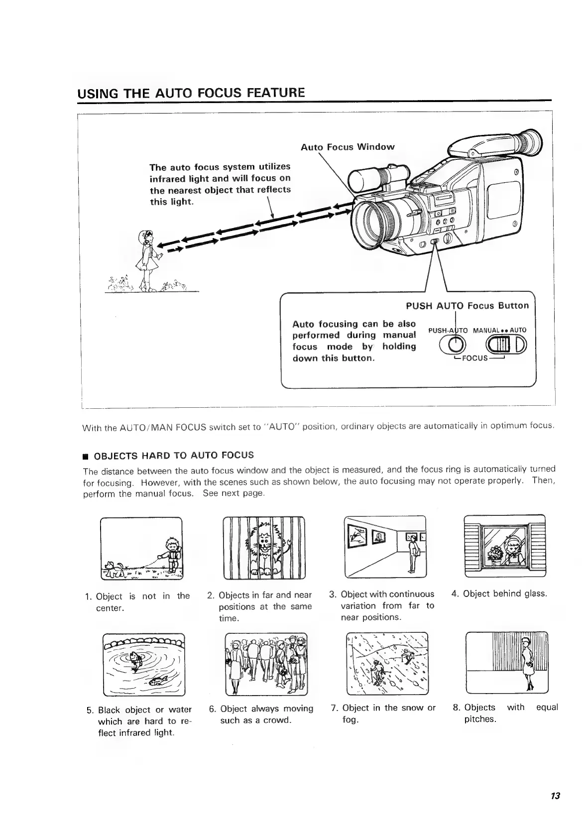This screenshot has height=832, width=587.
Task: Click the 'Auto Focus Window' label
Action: click(x=347, y=147)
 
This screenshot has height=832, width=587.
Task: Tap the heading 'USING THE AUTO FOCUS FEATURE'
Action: click(x=191, y=93)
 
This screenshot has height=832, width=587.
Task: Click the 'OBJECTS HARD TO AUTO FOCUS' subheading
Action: click(x=173, y=455)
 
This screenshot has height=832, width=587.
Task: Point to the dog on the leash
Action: click(x=113, y=568)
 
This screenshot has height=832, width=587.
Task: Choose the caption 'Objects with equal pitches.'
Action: click(x=505, y=713)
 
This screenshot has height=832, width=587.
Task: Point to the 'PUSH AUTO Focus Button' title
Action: click(x=467, y=306)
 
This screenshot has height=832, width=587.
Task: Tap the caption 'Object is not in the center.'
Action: click(x=137, y=602)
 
